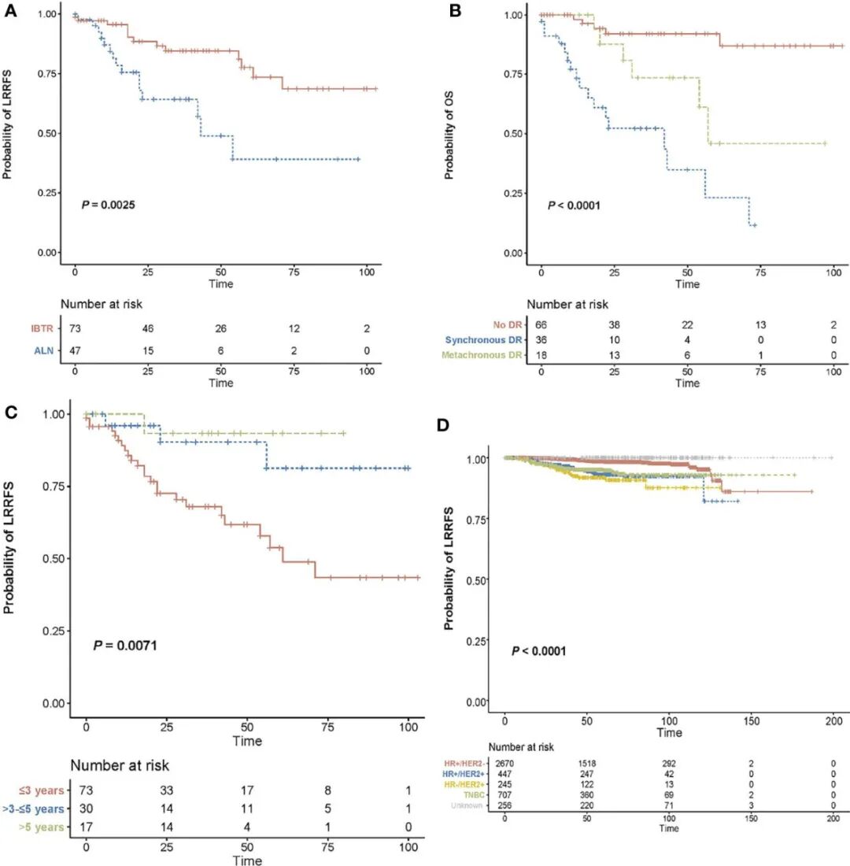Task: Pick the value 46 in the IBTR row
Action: click(x=147, y=328)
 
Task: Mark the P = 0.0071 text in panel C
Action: click(x=126, y=646)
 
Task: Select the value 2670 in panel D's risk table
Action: click(x=507, y=763)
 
